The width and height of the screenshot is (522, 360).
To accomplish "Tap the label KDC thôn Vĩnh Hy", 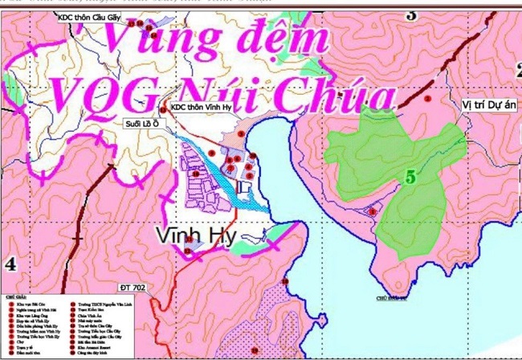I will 201,108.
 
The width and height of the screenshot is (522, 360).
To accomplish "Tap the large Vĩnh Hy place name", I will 194,235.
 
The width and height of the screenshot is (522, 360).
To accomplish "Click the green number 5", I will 410,178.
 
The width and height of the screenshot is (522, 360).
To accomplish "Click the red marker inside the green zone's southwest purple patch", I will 372,211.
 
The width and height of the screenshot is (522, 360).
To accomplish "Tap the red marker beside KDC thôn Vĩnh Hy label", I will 164,108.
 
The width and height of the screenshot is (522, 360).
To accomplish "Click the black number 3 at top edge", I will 412,14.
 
